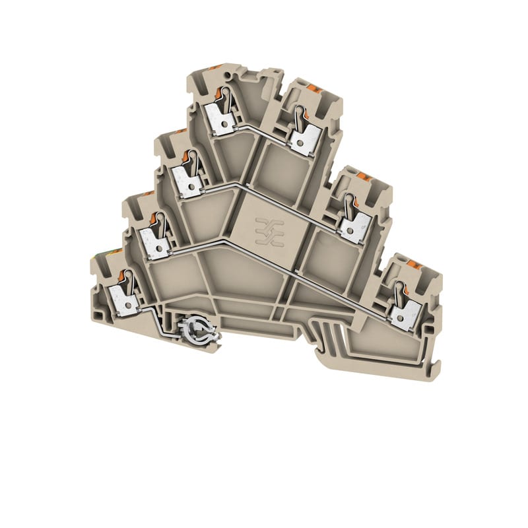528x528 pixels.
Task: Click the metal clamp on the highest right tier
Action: pyautogui.click(x=306, y=141)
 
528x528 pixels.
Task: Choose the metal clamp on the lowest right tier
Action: pyautogui.click(x=403, y=315)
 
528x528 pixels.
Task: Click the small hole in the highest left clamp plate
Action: pyautogui.click(x=216, y=123)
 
